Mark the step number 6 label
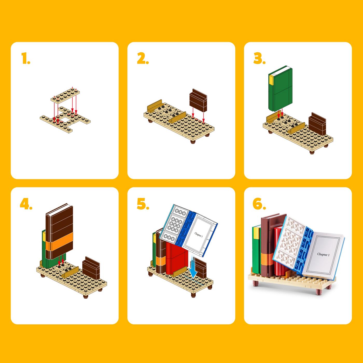click(x=259, y=204)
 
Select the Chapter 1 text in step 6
click(x=323, y=255)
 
